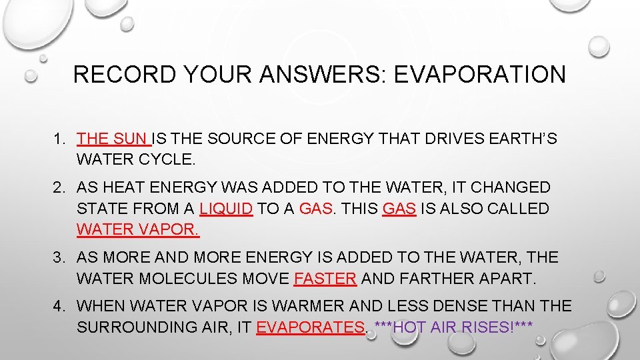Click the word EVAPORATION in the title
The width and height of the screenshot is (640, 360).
tap(480, 74)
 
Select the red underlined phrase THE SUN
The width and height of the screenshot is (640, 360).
tap(113, 139)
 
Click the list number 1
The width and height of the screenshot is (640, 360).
tap(59, 139)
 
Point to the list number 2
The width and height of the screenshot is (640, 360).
tap(59, 188)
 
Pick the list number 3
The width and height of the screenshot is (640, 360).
tap(59, 257)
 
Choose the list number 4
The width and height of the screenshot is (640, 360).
tap(59, 306)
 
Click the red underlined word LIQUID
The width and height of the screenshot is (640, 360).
tap(226, 209)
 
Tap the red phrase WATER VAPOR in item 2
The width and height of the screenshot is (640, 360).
tap(137, 230)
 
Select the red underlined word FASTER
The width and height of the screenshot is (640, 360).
tap(325, 278)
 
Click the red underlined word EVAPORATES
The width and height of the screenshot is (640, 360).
tap(311, 327)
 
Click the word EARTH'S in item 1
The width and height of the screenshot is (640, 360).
tap(520, 139)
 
